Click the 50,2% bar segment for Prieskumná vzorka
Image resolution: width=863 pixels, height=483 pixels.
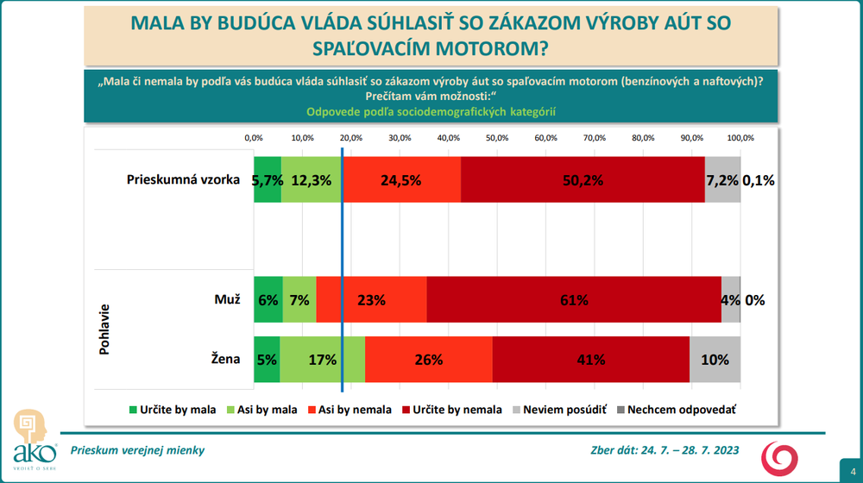583,179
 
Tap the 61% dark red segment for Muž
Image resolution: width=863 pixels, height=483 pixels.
574,299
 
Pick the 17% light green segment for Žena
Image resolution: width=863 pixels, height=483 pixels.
323,360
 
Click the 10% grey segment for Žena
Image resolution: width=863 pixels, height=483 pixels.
715,360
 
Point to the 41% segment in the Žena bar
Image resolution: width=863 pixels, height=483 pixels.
591,360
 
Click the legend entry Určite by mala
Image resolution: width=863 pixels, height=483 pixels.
166,411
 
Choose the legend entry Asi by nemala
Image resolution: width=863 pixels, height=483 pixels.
350,411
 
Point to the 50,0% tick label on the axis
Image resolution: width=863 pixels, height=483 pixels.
497,138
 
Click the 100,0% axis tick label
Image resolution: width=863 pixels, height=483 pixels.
740,138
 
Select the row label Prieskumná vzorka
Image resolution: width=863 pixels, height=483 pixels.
182,179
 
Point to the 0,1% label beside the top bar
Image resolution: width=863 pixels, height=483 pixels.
762,179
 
